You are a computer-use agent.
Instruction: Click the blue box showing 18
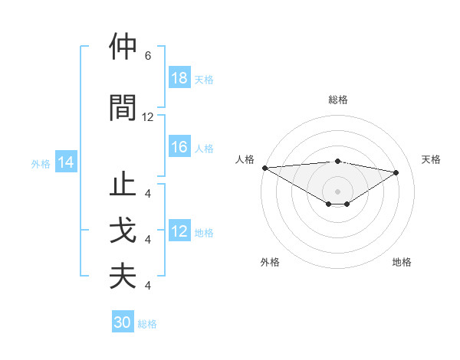[179, 78]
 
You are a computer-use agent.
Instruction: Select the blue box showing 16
[179, 148]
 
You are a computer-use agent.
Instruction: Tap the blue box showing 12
[179, 232]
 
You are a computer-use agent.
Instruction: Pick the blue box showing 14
[66, 162]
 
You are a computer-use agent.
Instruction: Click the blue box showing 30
[123, 322]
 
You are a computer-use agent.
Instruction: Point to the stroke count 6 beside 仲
[147, 56]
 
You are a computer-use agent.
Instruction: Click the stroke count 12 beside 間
[148, 117]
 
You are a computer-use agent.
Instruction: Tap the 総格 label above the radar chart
[338, 100]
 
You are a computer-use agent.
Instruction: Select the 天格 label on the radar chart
[431, 159]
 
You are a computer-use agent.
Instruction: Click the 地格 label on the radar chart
[402, 262]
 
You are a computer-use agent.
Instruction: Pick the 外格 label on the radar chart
[270, 262]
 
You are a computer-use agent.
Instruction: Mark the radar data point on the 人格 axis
[264, 168]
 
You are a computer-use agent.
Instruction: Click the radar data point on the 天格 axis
[396, 172]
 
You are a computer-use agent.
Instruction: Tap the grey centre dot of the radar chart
[337, 191]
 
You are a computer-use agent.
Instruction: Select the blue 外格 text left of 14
[41, 163]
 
